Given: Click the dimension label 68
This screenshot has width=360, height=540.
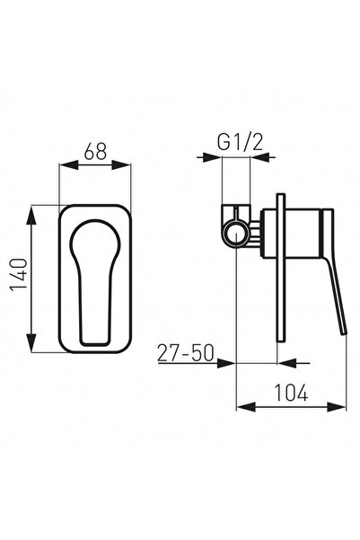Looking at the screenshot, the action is (x=95, y=151).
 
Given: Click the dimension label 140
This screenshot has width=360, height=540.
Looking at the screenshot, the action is (x=19, y=274).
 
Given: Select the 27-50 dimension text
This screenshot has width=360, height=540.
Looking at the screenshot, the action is (x=186, y=352).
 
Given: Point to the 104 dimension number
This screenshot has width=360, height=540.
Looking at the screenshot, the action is (x=291, y=393).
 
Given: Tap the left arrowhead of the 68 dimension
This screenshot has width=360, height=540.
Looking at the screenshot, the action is (x=69, y=165).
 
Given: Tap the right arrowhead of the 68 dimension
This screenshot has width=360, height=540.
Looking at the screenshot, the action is (x=121, y=165).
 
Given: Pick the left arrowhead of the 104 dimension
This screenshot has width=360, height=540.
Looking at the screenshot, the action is (x=246, y=407).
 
